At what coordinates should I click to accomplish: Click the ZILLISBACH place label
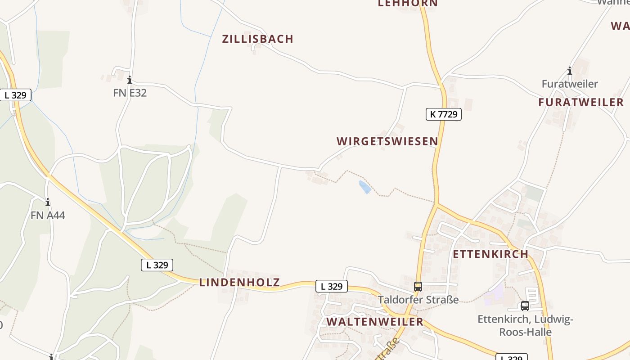pos(257,39)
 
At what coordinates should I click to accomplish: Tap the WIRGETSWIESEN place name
pos(387,141)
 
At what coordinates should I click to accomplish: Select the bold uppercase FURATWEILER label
pos(581,103)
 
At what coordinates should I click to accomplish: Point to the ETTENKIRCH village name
pos(490,254)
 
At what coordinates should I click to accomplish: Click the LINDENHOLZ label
pos(239,283)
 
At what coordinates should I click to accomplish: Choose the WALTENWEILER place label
pos(375,322)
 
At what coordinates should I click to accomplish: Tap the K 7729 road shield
pos(443,114)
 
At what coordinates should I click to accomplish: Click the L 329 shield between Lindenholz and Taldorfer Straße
pos(332,286)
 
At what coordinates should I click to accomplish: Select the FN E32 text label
pos(130,93)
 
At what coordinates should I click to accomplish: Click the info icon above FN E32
pos(130,80)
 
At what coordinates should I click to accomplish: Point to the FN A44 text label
pos(48,216)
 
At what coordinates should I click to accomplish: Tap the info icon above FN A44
pos(48,202)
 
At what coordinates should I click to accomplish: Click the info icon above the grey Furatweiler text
pos(570,71)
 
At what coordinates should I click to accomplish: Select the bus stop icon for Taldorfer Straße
pos(418,286)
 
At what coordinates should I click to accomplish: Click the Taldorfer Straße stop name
pos(418,300)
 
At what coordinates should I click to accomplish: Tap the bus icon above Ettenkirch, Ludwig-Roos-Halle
pos(525,306)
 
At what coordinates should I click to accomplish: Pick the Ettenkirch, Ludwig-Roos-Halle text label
pos(525,326)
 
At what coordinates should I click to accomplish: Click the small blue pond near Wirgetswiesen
pos(365,187)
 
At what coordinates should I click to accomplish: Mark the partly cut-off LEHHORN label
pos(407,3)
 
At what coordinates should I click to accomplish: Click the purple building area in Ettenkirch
pos(495,295)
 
